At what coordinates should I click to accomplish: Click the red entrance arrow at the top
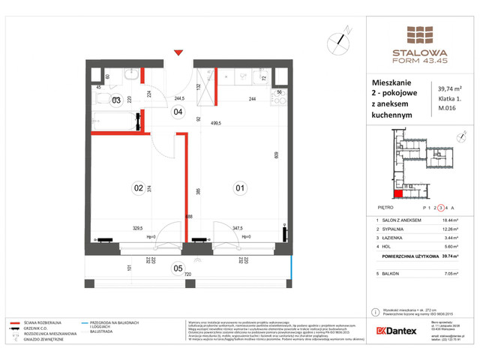[177, 52]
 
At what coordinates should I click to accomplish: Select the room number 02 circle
[138, 188]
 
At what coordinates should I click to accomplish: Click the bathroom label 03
[116, 100]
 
